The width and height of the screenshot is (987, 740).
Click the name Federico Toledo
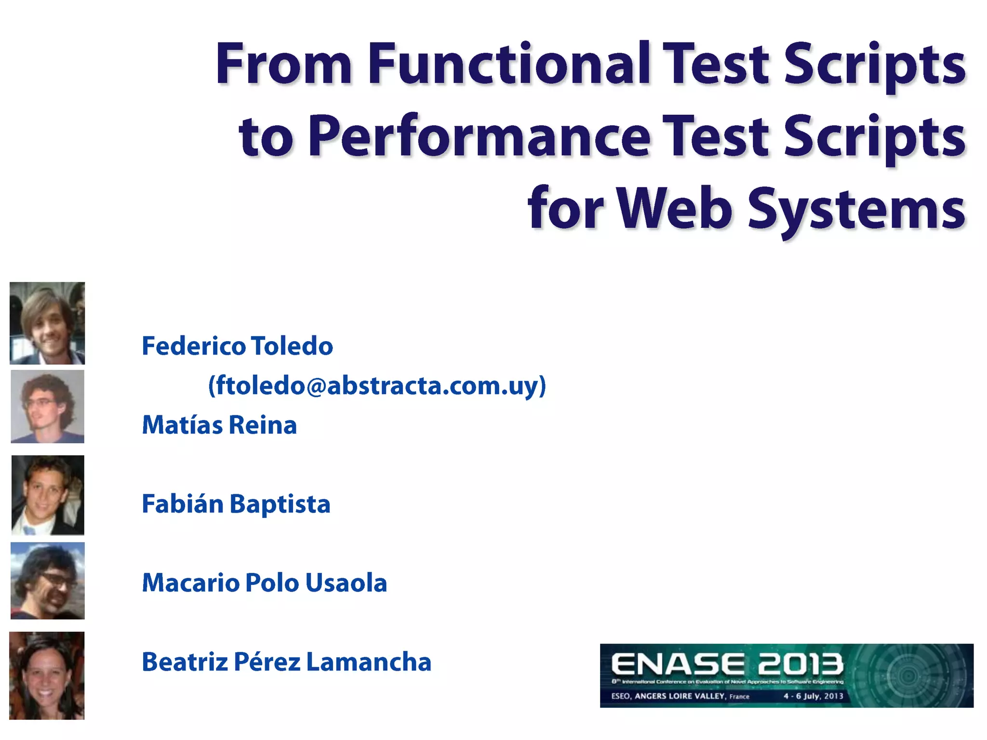tap(237, 346)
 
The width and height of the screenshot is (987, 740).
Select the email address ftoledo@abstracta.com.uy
tap(377, 385)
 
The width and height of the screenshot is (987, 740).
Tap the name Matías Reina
tap(219, 425)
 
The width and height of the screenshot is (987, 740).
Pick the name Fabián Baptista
tap(236, 504)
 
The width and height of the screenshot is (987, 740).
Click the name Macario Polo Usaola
tap(265, 583)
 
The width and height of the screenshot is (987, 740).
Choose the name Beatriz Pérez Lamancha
tap(287, 662)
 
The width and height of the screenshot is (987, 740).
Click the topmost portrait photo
tap(47, 323)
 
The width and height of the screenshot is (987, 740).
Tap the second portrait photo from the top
tap(47, 407)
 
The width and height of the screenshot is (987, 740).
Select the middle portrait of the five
tap(48, 495)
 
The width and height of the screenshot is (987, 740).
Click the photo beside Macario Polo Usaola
tap(47, 581)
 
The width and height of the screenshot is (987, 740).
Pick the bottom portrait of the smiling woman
tap(47, 675)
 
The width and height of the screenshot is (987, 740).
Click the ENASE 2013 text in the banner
tap(727, 664)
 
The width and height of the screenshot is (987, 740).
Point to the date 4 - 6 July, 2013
tap(813, 696)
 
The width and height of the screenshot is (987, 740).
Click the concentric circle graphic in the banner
tap(909, 675)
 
